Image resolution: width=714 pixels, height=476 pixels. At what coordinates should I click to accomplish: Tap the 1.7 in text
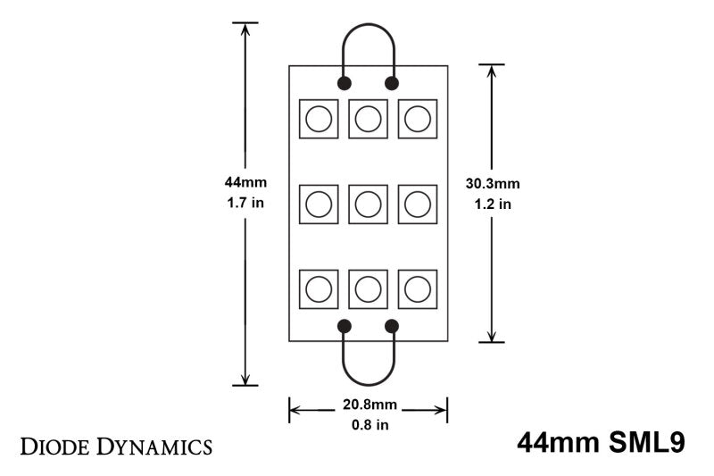(245, 203)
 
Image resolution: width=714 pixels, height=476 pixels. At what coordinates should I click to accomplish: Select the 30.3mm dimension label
(493, 184)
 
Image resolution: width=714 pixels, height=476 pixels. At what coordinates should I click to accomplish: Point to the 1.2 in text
(493, 204)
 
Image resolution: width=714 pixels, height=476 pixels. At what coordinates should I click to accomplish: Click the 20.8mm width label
(368, 405)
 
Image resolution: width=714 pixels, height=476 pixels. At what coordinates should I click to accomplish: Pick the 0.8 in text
(368, 424)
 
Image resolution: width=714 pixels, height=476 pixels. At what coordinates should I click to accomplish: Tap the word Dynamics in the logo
(153, 445)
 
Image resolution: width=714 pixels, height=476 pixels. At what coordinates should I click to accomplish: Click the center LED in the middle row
(368, 205)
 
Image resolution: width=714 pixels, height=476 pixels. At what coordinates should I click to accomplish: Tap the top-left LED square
(319, 119)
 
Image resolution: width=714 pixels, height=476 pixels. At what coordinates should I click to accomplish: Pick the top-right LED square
(417, 119)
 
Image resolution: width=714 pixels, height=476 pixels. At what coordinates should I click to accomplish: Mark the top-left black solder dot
(344, 83)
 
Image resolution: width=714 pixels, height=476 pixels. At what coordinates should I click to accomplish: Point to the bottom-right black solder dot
(392, 326)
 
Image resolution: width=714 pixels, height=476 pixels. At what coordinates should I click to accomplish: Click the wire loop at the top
(368, 25)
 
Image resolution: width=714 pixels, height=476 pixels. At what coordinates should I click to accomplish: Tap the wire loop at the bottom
(368, 382)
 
